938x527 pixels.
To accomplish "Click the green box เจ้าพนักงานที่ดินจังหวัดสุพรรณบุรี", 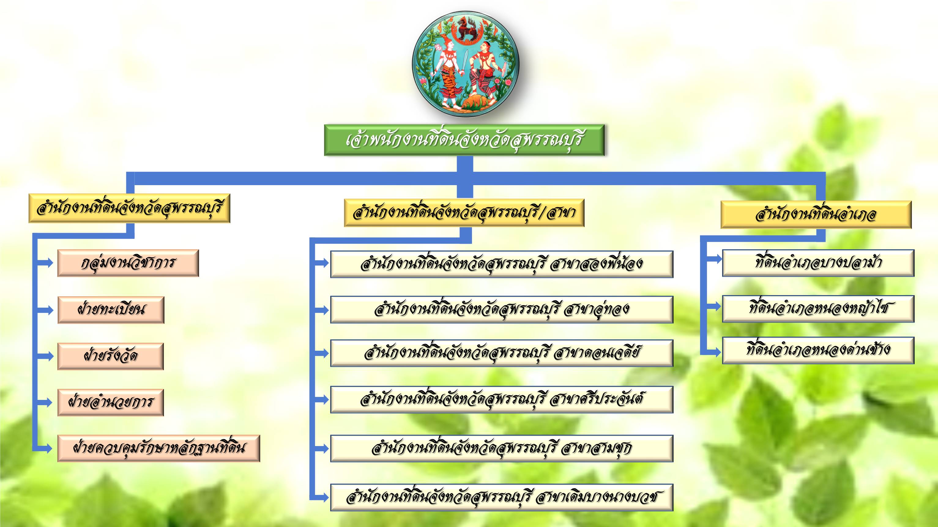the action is point(464,140).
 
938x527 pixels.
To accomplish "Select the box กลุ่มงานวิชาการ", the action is point(128,263).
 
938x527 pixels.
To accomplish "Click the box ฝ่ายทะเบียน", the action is point(111,310).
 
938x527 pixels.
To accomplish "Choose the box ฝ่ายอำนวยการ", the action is point(110,403).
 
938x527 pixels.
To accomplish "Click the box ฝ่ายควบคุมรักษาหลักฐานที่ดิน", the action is point(159,448).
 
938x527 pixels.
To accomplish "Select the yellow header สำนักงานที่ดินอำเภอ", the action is point(816,214).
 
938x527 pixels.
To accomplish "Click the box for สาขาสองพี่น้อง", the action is point(502,264).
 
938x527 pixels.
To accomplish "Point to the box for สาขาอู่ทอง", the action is point(502,309).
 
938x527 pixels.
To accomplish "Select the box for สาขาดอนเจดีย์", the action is point(502,353).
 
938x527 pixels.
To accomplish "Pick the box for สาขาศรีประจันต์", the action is point(502,399).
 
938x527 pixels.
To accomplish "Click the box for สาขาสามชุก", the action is point(502,448).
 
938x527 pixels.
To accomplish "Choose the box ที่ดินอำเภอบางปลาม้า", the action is point(818,263).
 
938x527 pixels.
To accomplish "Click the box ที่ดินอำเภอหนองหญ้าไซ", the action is point(818,309).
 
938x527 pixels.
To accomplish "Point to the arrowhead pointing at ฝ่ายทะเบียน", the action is point(50,310).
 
